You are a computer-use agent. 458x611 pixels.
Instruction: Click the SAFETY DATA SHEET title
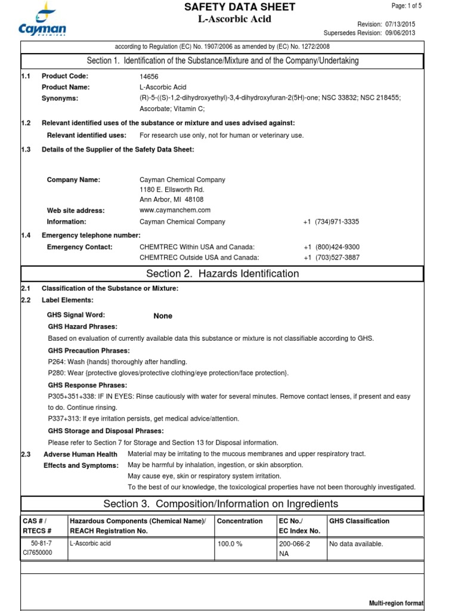point(239,7)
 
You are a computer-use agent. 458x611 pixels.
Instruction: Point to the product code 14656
point(148,76)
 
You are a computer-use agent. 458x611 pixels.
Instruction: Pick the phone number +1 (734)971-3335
point(331,222)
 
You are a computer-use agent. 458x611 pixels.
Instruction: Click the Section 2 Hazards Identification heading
point(222,274)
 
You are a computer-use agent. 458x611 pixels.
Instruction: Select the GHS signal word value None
point(163,316)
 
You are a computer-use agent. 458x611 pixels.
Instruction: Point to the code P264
point(57,362)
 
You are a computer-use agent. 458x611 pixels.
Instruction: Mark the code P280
point(57,373)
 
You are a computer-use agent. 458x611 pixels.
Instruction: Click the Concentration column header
point(240,521)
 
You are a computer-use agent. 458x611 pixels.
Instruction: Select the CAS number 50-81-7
point(41,544)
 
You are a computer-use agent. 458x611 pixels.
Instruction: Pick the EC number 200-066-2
point(295,544)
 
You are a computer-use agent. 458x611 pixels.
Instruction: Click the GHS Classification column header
point(359,521)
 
